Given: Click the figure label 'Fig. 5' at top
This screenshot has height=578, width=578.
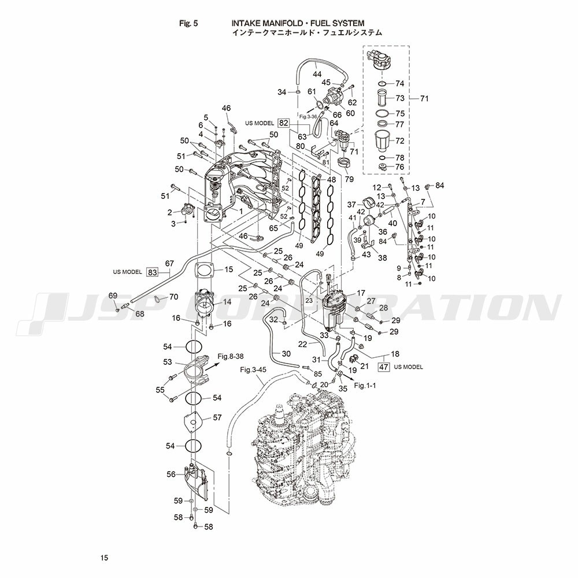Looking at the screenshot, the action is (x=188, y=23).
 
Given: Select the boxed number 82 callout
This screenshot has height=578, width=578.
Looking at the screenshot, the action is (x=283, y=123).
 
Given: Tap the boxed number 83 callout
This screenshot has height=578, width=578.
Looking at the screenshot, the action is (x=152, y=272).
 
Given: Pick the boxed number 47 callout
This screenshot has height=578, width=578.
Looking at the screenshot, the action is (x=384, y=367).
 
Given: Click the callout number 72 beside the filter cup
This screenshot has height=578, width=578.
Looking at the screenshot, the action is (x=400, y=141).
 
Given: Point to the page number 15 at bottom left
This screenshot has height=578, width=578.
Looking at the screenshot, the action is (x=104, y=558).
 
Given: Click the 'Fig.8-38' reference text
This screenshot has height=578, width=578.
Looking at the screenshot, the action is (x=231, y=357).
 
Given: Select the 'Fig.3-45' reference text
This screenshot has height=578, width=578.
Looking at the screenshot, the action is (x=253, y=369).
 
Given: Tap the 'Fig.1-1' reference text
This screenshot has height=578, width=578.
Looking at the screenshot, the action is (x=365, y=385).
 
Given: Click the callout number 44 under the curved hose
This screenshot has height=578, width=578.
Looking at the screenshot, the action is (x=317, y=74).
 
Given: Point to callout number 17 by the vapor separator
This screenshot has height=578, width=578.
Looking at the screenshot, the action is (x=361, y=292).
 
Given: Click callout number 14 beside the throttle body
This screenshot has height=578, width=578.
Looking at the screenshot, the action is (x=227, y=302).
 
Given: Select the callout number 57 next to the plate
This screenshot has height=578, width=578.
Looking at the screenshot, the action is (x=217, y=417).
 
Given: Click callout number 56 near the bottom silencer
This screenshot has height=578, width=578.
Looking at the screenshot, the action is (x=171, y=474).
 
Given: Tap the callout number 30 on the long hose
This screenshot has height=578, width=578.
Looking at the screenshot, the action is (x=286, y=354).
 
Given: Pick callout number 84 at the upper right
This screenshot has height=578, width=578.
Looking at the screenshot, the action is (x=440, y=185).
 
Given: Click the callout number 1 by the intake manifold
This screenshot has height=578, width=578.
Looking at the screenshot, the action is (x=241, y=211).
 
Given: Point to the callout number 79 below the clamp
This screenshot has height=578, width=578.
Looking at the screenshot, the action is (x=349, y=179).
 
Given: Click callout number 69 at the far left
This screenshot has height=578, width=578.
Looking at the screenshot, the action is (x=113, y=295).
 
